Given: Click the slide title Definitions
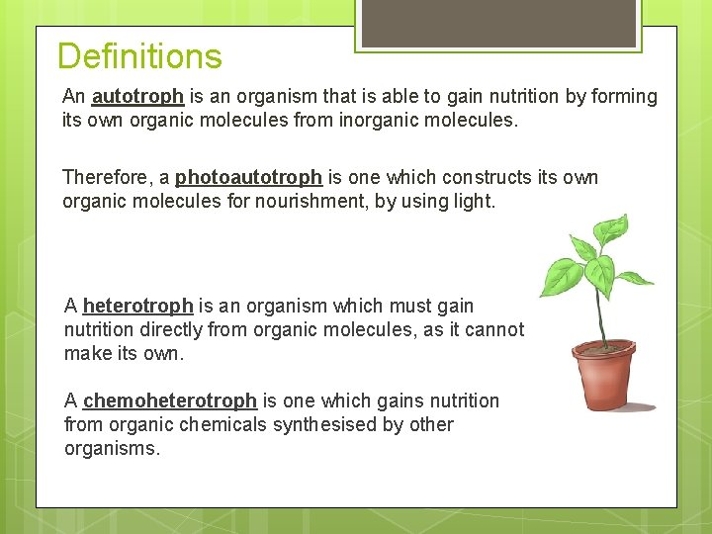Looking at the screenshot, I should coord(139,56).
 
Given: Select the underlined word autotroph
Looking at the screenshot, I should coord(137,97).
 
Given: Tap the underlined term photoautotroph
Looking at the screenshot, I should coord(248,178).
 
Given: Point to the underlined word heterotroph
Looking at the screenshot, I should coord(137,307).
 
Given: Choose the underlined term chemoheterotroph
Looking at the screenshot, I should coord(170,401).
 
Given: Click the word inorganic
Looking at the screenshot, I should coord(365,121).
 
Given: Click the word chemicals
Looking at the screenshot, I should coord(218,425).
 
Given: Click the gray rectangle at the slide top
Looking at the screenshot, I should coord(497,22).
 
